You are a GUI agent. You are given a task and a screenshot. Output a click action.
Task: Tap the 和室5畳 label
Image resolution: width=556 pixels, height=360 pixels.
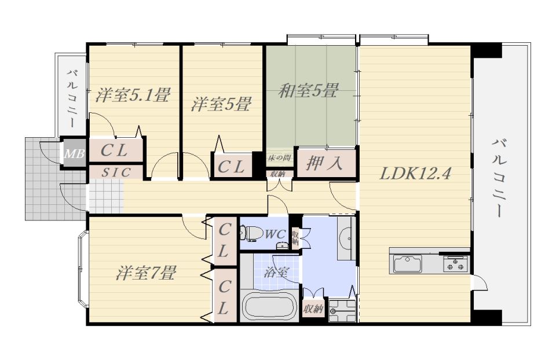[308, 91]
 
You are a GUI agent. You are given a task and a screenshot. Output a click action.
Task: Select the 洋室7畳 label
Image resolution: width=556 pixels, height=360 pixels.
[146, 273]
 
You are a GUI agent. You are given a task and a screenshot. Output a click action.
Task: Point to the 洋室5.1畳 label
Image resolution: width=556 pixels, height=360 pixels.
[133, 95]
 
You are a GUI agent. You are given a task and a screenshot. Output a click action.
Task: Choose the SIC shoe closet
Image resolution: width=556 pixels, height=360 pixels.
[116, 172]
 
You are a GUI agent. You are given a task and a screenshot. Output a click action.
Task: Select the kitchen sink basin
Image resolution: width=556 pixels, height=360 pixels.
[407, 264]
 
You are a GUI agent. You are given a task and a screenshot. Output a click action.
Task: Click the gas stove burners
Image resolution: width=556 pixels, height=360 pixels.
[455, 263]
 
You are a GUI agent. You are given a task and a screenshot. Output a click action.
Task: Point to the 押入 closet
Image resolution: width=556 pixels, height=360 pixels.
[325, 163]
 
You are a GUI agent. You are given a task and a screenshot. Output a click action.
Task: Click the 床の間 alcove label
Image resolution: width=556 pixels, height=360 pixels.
[280, 157]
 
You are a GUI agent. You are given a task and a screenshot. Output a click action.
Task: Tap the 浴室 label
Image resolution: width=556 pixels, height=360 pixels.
[276, 272]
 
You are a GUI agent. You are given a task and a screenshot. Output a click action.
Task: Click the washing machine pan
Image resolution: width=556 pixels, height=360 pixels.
[342, 311]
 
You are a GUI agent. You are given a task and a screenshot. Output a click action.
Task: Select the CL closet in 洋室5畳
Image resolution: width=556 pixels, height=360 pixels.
[231, 167]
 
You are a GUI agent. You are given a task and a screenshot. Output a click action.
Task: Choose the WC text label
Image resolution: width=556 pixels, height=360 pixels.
[275, 234]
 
